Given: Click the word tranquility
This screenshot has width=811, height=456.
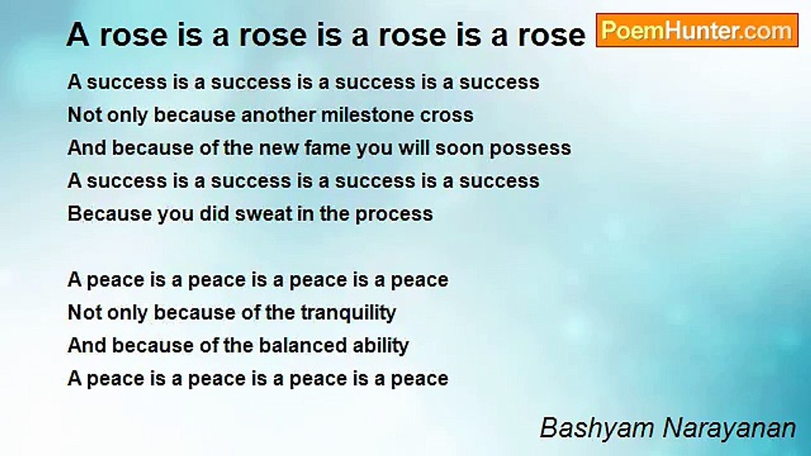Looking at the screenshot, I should coord(348,313).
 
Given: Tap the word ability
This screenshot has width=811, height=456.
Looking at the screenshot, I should coord(381,346).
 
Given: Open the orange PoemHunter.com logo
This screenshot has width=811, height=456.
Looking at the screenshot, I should coord(697,30).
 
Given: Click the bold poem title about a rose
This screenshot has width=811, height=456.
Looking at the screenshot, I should coord(326,35).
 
